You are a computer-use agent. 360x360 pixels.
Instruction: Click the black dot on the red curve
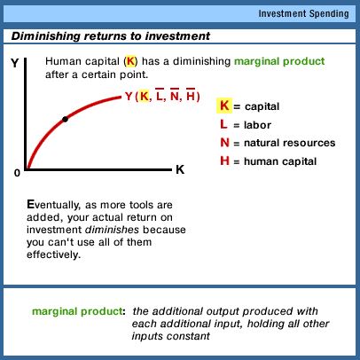[66, 120]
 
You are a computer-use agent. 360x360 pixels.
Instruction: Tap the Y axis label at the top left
[15, 63]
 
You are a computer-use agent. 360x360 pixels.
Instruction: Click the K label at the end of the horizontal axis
[180, 169]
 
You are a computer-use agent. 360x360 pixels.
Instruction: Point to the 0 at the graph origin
[17, 173]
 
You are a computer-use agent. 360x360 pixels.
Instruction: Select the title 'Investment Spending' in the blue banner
[303, 13]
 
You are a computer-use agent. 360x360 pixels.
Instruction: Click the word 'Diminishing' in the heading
[46, 36]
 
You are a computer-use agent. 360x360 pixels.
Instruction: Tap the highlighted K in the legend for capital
[224, 106]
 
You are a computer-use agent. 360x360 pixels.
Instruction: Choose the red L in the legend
[223, 124]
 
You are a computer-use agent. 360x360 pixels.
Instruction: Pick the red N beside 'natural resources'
[225, 143]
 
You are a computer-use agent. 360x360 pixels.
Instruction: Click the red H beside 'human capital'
[224, 161]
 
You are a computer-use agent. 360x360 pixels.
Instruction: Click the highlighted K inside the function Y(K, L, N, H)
[145, 96]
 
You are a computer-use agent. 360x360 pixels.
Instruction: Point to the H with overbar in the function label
[191, 95]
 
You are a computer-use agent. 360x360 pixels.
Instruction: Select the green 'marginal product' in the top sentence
[279, 61]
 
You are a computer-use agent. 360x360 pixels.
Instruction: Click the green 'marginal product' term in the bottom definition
[77, 311]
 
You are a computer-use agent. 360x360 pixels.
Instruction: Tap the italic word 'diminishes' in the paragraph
[112, 230]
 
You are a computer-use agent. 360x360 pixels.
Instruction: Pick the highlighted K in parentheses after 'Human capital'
[130, 61]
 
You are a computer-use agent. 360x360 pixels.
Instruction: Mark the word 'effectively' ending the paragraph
[52, 254]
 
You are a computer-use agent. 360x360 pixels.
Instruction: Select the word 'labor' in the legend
[257, 125]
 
